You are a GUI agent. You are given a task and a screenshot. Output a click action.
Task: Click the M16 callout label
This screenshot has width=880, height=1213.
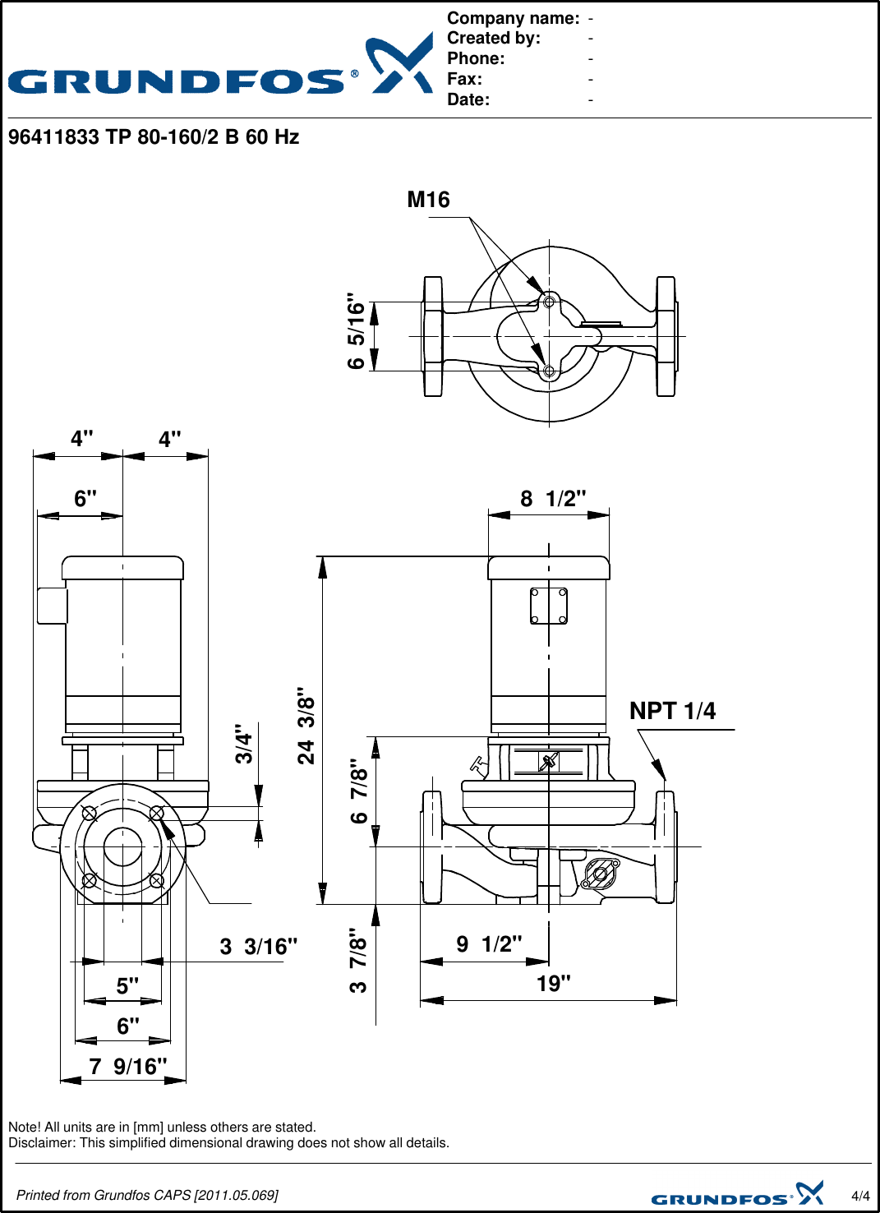428,200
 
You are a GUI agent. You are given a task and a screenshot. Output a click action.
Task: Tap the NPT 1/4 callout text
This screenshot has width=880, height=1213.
672,711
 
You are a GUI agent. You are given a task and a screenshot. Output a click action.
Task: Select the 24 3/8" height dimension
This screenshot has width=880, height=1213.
306,726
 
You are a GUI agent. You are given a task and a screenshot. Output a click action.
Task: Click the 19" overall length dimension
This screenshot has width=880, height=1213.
553,984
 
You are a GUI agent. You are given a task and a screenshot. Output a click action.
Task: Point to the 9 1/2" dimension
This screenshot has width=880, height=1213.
489,944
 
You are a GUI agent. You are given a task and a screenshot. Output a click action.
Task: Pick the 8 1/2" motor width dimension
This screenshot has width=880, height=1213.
553,499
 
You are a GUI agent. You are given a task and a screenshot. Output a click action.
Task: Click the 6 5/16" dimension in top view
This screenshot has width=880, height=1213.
355,330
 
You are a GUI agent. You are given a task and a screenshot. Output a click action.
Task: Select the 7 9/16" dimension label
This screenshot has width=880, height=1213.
127,1067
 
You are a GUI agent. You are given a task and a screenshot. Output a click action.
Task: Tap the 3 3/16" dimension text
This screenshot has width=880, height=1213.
258,947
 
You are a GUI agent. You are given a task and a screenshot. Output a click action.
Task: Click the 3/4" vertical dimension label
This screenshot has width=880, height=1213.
243,744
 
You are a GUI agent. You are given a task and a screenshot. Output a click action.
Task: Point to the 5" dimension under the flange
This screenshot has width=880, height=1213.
127,986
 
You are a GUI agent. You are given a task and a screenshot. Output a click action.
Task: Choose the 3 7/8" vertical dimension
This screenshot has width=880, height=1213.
357,961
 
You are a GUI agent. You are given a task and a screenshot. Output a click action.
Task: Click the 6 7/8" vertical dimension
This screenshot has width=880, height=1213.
358,791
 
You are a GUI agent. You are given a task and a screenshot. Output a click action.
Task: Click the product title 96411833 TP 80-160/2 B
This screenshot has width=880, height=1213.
154,137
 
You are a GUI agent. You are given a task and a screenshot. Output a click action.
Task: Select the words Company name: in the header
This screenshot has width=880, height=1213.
513,18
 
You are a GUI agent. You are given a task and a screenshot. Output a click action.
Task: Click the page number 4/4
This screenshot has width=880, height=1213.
860,1196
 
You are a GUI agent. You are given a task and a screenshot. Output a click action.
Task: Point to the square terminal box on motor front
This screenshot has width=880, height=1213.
548,606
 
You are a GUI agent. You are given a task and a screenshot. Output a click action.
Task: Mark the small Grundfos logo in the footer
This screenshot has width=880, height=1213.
737,1194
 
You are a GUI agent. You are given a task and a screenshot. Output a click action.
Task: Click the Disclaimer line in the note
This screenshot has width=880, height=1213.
228,1143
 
